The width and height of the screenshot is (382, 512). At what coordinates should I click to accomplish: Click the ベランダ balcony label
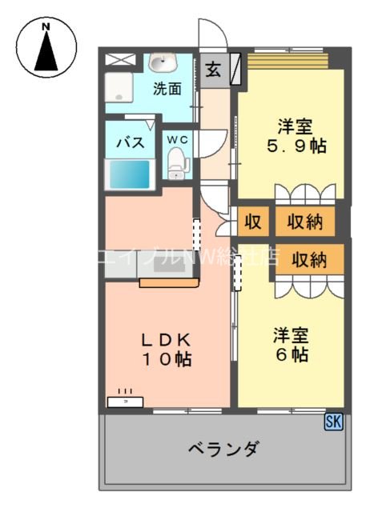click(x=223, y=448)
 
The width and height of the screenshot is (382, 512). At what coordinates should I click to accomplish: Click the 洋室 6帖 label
click(x=289, y=345)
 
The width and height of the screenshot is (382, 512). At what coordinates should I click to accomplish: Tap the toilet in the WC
click(x=177, y=165)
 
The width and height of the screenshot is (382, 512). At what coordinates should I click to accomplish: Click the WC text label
click(x=177, y=140)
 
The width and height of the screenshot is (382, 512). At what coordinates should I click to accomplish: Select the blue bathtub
click(x=129, y=173)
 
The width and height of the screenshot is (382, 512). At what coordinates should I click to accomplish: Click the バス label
click(x=130, y=143)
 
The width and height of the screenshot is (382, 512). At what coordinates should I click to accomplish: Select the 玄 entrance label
click(x=213, y=70)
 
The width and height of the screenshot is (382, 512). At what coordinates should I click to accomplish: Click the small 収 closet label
click(x=253, y=222)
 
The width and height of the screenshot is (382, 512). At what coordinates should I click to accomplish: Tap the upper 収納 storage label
click(x=305, y=222)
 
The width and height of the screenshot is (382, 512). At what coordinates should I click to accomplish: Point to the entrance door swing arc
click(x=213, y=32)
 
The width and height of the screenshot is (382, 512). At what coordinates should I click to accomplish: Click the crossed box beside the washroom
click(x=121, y=59)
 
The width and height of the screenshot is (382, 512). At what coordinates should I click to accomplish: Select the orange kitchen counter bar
click(x=167, y=282)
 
